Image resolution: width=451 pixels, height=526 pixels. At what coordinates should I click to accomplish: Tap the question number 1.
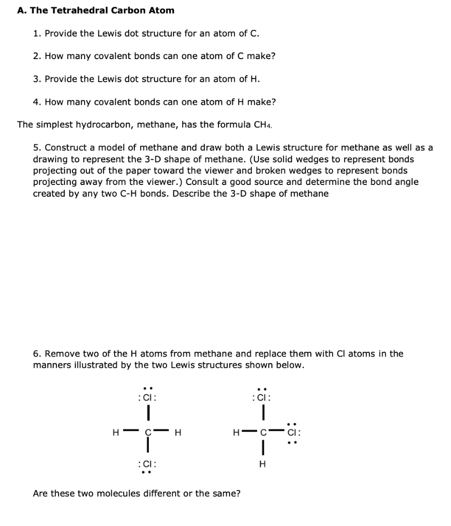coord(36,33)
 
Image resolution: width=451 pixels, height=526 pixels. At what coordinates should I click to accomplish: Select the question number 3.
coord(36,79)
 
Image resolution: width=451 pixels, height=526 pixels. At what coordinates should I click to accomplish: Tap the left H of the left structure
coord(115,432)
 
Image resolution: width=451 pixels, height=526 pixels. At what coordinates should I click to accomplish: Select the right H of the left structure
coord(178,432)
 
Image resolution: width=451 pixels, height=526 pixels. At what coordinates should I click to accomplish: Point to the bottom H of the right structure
coord(263,464)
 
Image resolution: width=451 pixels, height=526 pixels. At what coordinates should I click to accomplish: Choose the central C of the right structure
coord(263,432)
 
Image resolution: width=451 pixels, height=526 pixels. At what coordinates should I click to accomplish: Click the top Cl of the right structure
coord(263,398)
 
